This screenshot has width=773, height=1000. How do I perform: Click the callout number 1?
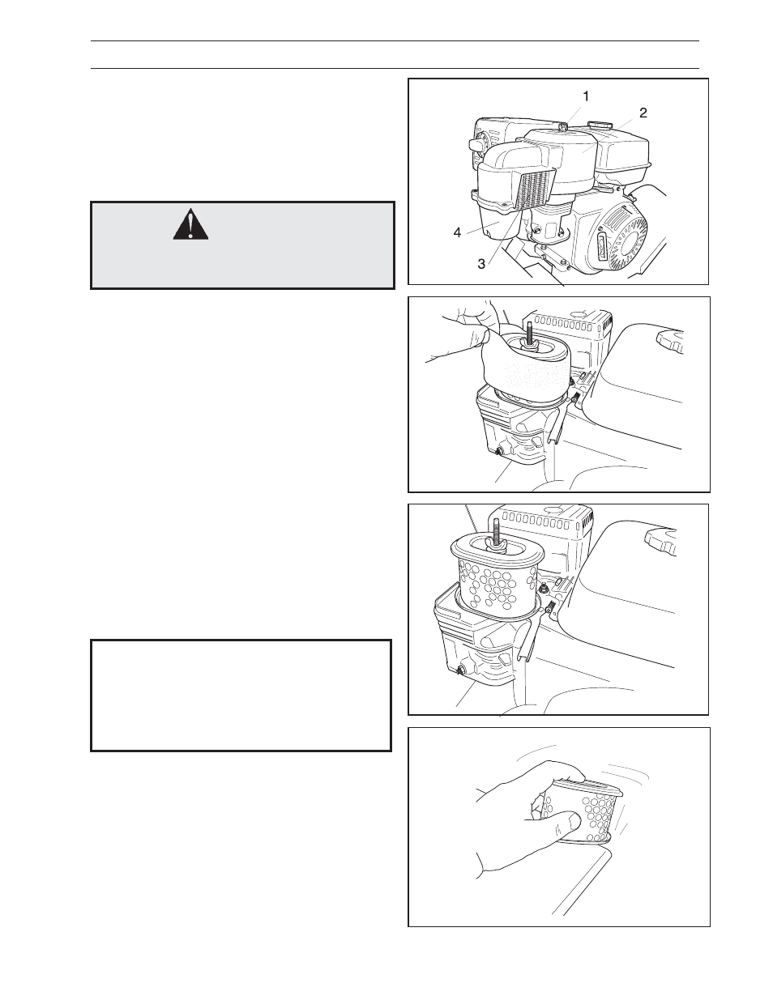point(586,96)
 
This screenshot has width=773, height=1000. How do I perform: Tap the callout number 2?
point(643,113)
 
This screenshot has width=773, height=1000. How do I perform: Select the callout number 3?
point(481,264)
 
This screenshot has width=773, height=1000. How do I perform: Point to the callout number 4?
point(457,233)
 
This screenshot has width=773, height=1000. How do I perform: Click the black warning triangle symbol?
point(190,224)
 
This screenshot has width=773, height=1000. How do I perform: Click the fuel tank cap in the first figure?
point(599,126)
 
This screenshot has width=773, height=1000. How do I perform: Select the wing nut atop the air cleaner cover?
point(563,126)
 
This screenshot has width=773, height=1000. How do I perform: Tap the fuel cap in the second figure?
point(669,341)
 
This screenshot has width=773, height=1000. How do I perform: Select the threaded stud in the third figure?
point(497,533)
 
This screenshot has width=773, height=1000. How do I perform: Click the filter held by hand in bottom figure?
point(585,810)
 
